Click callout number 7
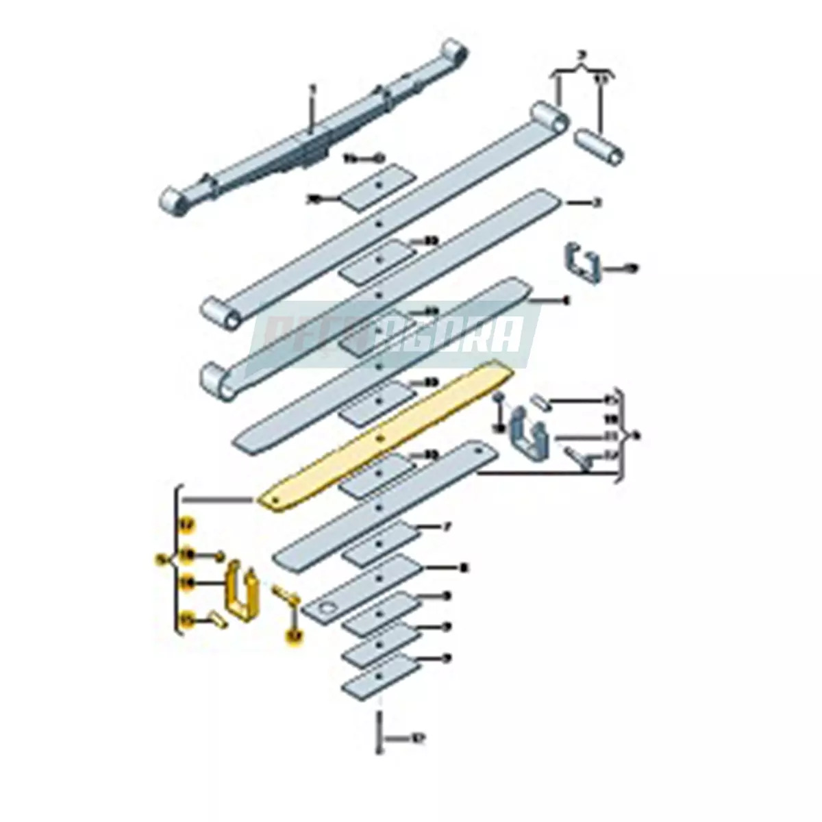(447, 527)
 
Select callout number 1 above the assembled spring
(313, 89)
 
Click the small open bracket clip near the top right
(583, 264)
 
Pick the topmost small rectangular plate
(378, 186)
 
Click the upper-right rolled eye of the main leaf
(550, 117)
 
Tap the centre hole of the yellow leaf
(379, 438)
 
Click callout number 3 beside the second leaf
(597, 203)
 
